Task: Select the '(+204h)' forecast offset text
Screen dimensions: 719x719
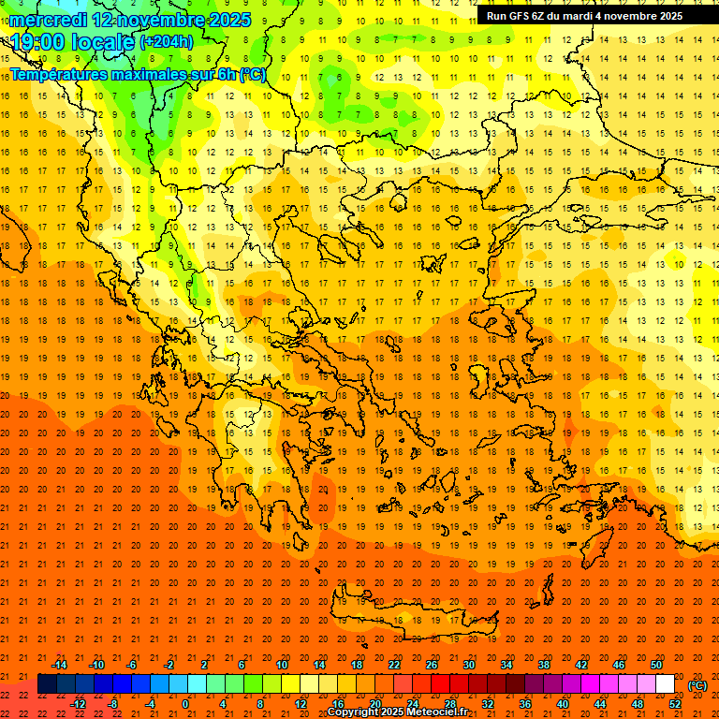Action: coord(168,42)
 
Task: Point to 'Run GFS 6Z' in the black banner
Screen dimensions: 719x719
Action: coord(515,16)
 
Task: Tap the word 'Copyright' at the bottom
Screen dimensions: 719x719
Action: coord(354,712)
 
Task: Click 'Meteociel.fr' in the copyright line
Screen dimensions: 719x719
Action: coord(437,712)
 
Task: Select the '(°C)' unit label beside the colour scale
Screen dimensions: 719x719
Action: coord(697,685)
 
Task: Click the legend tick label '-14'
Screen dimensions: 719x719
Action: coord(60,665)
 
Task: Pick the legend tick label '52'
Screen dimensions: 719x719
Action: coord(675,704)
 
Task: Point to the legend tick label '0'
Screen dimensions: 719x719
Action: coord(185,704)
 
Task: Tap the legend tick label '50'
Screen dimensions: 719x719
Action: coord(656,665)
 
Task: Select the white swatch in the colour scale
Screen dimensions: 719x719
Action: coord(666,684)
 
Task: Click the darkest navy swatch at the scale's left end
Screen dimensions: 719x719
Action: coord(47,684)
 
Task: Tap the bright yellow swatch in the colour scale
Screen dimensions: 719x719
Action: coord(290,684)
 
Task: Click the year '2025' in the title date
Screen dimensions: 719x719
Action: coord(228,20)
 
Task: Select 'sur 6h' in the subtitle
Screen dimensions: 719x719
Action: coord(214,74)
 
